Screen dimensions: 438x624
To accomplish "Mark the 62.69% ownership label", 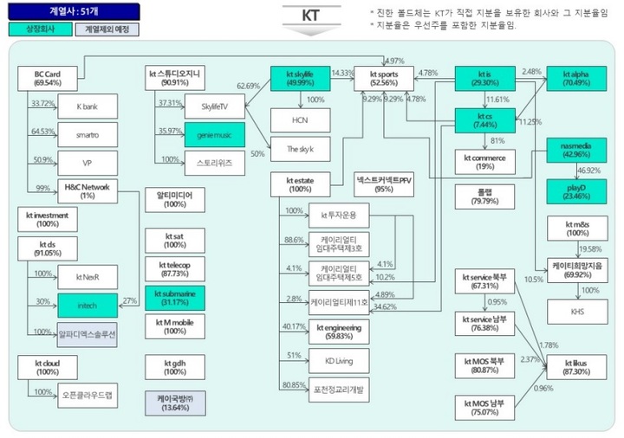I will point(249,86).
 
